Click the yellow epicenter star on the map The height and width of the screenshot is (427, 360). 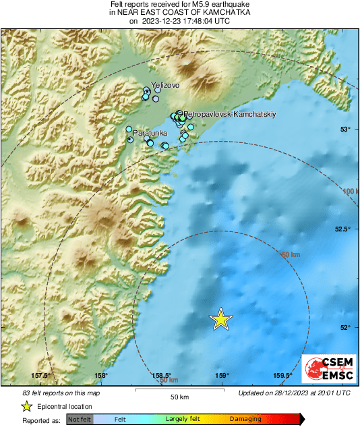pos(221,319)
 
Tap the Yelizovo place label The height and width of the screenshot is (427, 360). pos(166,86)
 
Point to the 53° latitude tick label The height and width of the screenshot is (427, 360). pos(344,129)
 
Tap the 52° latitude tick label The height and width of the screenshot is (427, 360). pos(344,327)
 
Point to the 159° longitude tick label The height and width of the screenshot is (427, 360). pos(222,376)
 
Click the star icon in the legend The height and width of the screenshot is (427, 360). pos(26,406)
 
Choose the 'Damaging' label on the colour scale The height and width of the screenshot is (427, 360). pos(245,420)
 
